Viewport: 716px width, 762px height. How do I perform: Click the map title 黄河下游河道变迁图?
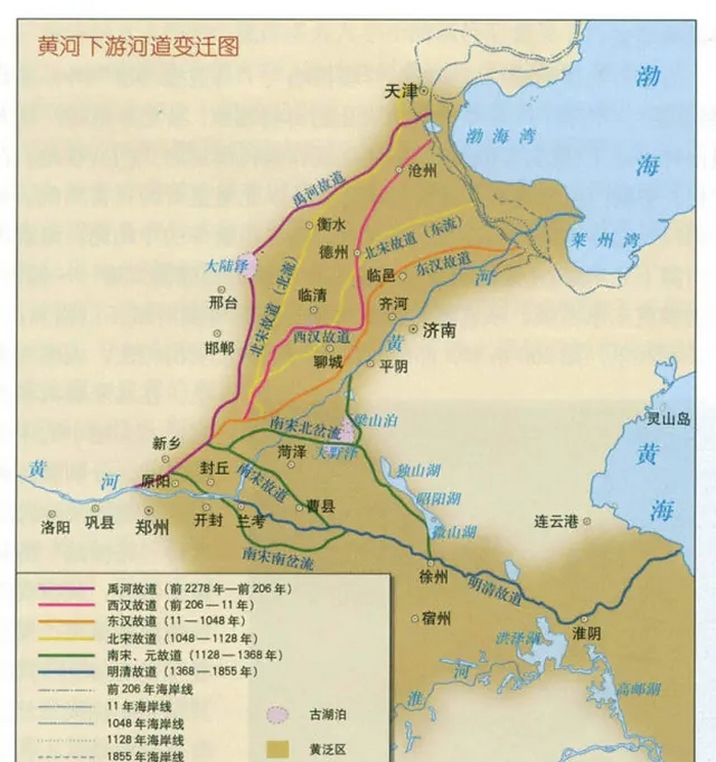click(138, 46)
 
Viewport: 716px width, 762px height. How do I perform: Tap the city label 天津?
click(401, 91)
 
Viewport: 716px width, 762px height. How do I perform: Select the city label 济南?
click(439, 330)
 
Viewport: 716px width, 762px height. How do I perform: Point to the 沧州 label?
click(423, 171)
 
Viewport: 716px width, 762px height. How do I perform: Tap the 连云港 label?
click(556, 522)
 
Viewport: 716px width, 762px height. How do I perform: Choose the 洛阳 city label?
click(55, 527)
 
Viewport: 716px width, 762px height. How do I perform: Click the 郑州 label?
click(152, 527)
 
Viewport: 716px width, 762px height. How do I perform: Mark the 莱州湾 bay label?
click(604, 241)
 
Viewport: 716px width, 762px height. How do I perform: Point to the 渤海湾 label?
click(501, 136)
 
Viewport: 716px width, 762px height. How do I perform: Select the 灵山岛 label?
click(668, 419)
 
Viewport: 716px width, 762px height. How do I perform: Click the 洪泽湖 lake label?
click(518, 638)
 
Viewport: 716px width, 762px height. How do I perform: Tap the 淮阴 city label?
click(586, 634)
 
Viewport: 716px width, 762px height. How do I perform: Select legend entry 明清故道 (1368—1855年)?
click(182, 672)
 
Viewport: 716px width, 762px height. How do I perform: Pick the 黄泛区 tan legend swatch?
click(277, 749)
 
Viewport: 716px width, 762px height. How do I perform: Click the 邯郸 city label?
click(220, 348)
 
